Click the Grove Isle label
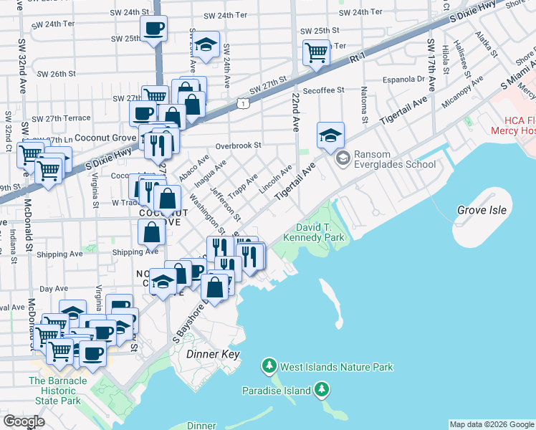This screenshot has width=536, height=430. coord(481,211)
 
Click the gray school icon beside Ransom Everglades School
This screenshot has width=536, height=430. coord(343,158)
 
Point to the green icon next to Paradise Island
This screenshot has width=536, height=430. coord(322,390)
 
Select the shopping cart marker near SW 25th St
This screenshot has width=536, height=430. coord(315,52)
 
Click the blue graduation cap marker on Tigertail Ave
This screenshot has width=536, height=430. coord(330,135)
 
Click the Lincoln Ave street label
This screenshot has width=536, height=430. coord(276,178)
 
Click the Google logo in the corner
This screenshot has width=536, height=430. coord(24,421)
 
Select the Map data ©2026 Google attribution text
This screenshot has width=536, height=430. coord(491,424)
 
